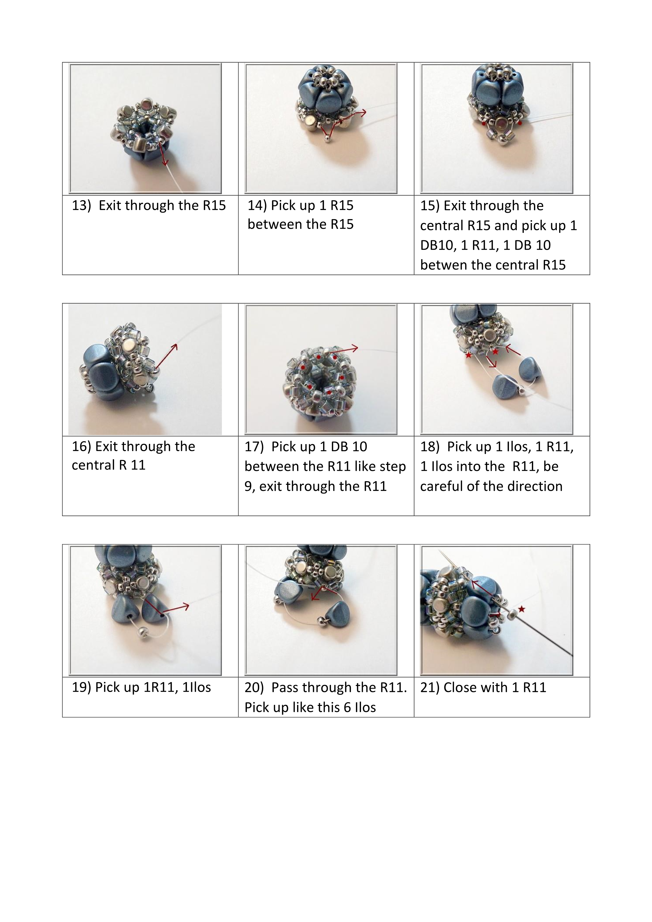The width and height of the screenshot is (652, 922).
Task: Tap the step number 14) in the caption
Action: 257,206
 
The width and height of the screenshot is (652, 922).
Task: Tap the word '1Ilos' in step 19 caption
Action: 196,687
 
